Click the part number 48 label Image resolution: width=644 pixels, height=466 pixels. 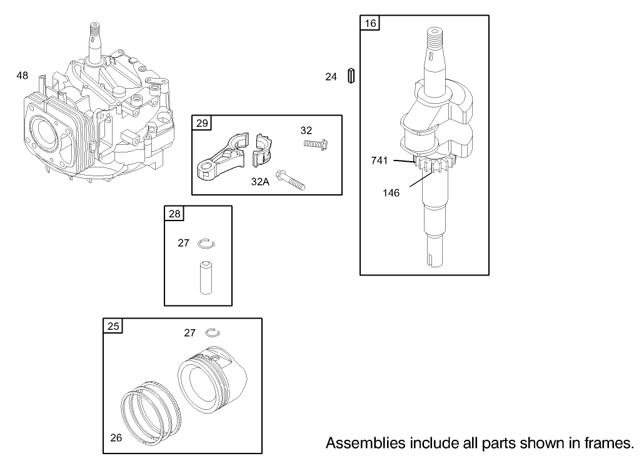(x=23, y=76)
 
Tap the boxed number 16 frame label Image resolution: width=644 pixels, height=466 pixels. (x=370, y=24)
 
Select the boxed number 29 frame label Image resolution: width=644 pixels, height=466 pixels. (x=202, y=123)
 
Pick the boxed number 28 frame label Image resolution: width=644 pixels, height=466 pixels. (x=174, y=214)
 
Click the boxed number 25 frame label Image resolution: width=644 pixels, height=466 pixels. (x=113, y=326)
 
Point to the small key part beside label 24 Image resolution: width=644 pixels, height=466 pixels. (x=351, y=76)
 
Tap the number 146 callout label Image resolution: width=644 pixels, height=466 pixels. (x=391, y=192)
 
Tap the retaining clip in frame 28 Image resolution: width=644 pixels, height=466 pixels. (x=206, y=243)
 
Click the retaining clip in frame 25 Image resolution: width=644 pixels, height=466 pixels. (x=213, y=332)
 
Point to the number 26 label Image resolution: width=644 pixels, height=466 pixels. (x=116, y=437)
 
